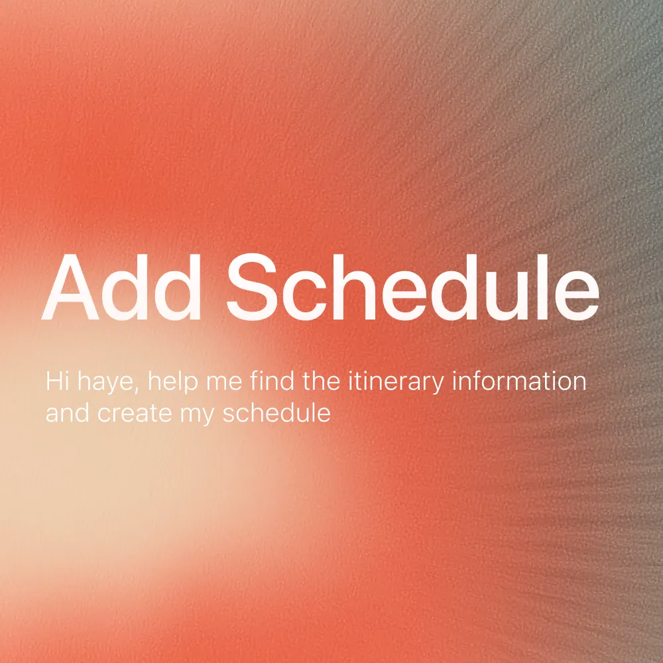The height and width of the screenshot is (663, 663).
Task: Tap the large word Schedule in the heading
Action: coord(412,286)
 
